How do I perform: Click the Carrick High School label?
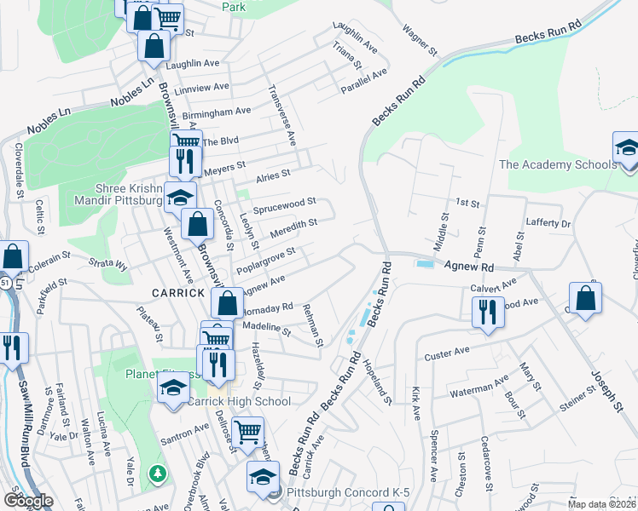[239, 401]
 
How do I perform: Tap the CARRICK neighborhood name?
[177, 292]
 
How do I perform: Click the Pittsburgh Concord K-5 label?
[337, 492]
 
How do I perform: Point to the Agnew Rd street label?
[469, 267]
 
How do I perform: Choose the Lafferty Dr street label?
[548, 223]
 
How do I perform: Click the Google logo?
[28, 501]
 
